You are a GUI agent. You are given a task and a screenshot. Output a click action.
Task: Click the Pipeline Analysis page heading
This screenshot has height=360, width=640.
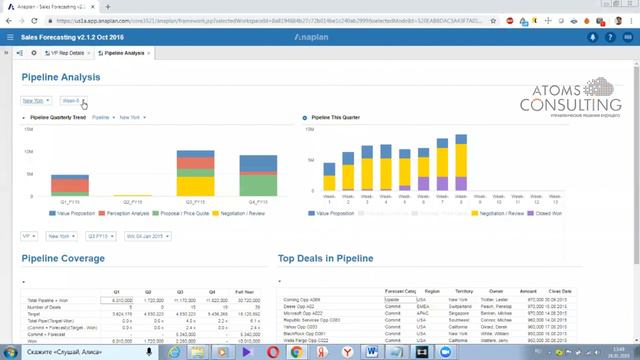tap(61, 77)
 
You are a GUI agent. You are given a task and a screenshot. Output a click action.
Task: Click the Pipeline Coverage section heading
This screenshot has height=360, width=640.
tap(63, 258)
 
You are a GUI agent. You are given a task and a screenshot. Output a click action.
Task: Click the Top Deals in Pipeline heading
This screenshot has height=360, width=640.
tap(325, 258)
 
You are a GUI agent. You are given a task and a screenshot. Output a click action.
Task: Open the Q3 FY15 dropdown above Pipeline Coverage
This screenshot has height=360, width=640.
tap(99, 236)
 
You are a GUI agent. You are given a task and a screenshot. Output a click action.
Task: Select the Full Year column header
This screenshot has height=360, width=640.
tap(243, 293)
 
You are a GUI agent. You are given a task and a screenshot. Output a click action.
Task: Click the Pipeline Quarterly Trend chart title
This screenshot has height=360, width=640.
tap(58, 117)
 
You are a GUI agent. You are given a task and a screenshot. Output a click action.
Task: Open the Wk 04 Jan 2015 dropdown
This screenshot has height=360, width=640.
tap(146, 236)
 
